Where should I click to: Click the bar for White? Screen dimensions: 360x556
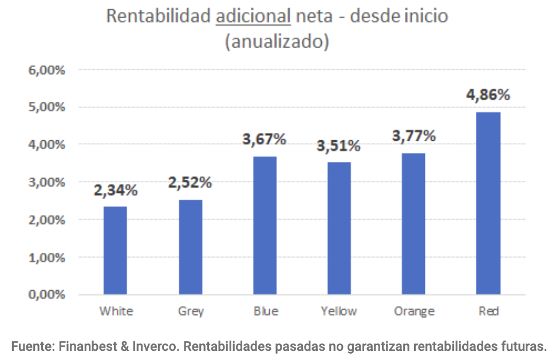click(115, 250)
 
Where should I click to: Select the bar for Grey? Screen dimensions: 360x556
click(190, 247)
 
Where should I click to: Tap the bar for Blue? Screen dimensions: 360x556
click(265, 226)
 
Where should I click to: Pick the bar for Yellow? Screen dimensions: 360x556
click(339, 228)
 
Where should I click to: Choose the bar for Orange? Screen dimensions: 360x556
click(413, 224)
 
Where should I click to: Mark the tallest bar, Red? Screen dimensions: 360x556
click(488, 203)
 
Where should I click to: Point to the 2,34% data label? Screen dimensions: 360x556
click(116, 190)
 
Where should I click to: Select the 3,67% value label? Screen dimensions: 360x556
click(264, 140)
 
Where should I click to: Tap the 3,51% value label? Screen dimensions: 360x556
click(339, 146)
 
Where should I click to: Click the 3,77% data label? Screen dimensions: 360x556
click(413, 136)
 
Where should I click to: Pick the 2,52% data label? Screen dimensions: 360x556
click(190, 183)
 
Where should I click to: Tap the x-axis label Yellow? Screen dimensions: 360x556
click(338, 311)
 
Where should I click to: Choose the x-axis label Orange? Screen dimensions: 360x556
click(414, 312)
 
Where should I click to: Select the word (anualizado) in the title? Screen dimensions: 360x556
click(277, 42)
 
